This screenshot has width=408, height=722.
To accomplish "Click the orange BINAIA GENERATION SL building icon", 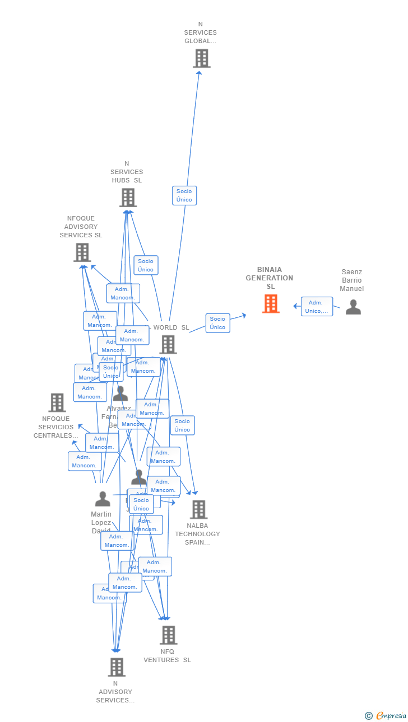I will (271, 304).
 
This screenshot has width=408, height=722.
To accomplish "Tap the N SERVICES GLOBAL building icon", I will (202, 58).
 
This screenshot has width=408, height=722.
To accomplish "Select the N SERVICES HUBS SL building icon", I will (128, 198).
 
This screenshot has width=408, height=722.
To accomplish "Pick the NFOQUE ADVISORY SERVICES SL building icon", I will (82, 252).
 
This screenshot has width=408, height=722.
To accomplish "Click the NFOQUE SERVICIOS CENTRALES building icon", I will (57, 402).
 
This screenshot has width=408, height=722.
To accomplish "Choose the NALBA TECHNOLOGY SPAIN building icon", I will (198, 509).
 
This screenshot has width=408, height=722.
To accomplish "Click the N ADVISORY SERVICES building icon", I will (117, 667).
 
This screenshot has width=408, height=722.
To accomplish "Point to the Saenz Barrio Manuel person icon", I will (353, 307).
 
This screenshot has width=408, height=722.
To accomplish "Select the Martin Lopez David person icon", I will (103, 499).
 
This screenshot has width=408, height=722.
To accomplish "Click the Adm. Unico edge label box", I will (317, 307).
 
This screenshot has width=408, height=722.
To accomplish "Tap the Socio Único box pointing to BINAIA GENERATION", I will (217, 323).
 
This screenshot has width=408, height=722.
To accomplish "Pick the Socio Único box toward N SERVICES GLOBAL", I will (184, 195).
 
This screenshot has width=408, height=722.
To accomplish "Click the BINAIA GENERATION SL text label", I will (270, 278).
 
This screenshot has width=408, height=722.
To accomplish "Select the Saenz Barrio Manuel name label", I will (351, 280).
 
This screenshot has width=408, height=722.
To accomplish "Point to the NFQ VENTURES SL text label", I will (167, 655).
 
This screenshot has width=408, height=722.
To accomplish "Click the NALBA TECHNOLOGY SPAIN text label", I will (197, 534).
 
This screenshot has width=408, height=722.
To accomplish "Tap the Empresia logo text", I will (391, 716).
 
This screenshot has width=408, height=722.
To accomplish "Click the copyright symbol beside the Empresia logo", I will (369, 716).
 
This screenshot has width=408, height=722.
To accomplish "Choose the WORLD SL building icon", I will (168, 345).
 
